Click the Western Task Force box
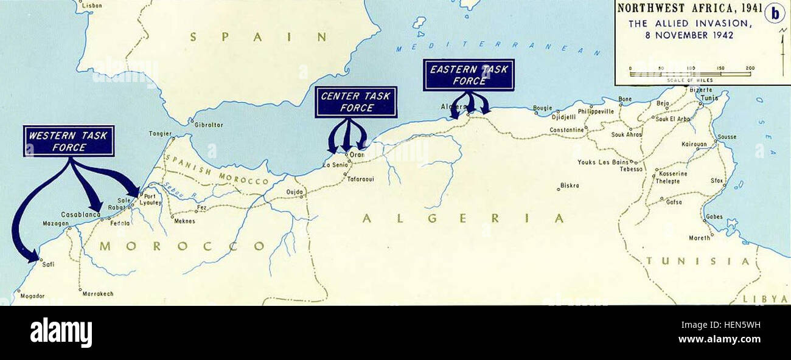(x=69, y=141)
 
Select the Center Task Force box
(x=356, y=102)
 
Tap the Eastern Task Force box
(x=469, y=75)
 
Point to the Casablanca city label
(x=80, y=215)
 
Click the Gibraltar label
(x=209, y=125)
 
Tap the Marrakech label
(x=99, y=293)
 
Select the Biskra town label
(x=570, y=185)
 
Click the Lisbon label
(x=92, y=5)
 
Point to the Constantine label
(x=566, y=130)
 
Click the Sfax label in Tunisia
(x=716, y=181)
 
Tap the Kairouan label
(x=695, y=145)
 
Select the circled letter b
(x=775, y=13)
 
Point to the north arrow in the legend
(x=780, y=46)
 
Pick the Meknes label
(x=184, y=221)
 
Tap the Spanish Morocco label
(x=216, y=171)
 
